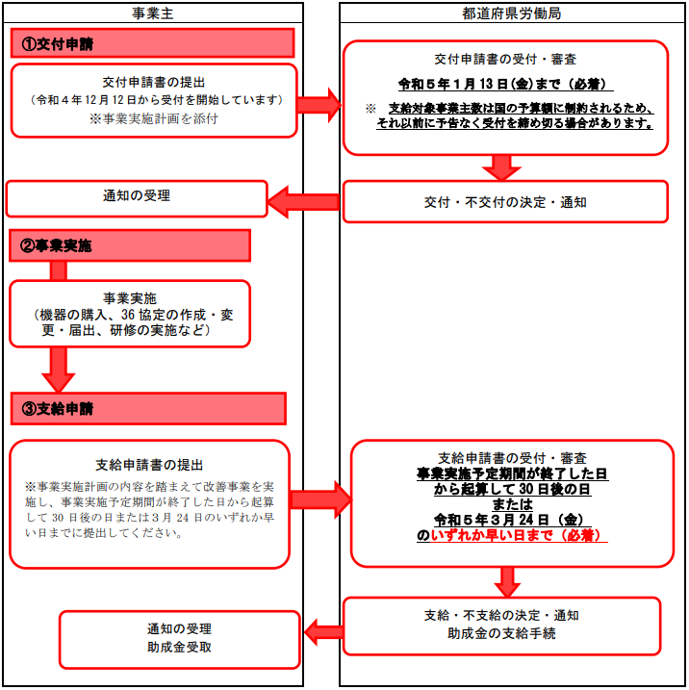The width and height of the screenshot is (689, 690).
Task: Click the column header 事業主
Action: (153, 13)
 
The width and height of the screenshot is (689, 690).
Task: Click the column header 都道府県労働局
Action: (511, 13)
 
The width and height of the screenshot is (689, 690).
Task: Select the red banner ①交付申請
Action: (152, 43)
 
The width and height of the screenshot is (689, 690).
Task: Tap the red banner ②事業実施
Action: (130, 245)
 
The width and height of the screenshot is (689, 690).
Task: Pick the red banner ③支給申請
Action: (149, 409)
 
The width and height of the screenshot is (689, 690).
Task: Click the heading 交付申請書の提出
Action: (154, 83)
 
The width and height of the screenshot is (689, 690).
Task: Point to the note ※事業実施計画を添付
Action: (154, 118)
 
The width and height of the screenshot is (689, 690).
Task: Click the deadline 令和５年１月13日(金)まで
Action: (479, 84)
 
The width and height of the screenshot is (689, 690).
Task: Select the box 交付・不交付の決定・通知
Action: (505, 201)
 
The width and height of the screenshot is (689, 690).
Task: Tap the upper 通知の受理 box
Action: (137, 198)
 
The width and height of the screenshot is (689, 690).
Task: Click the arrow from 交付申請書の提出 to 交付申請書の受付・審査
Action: (319, 105)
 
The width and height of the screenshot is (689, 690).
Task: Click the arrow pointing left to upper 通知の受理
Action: (303, 202)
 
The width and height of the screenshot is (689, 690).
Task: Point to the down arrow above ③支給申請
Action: (58, 370)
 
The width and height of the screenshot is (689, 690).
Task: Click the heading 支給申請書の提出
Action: (149, 465)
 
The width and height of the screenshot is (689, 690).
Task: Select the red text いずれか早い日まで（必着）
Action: (515, 535)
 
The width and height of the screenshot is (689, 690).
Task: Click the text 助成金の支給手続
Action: (501, 633)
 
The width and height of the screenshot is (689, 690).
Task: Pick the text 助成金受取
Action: (179, 647)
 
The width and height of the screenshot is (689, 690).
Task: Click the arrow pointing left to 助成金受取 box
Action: (324, 632)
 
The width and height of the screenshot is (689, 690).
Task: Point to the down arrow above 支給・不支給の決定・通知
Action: (507, 582)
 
